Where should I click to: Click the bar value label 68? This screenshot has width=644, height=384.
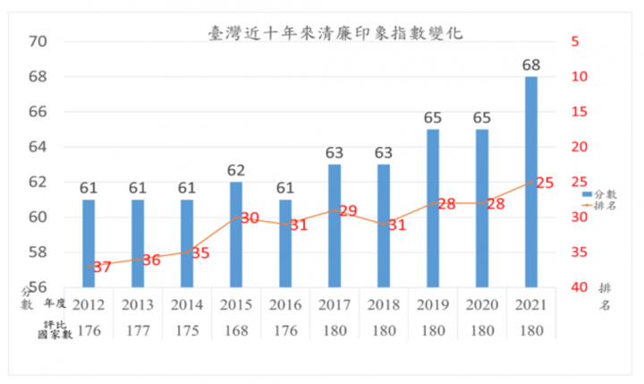click(530, 64)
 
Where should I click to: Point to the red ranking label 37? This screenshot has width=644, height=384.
click(100, 267)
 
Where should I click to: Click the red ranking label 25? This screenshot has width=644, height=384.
click(543, 183)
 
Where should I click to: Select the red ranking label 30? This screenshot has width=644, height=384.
click(249, 218)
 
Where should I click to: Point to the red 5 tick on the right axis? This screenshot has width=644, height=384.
click(573, 42)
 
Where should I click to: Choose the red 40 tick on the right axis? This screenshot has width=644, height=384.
click(573, 287)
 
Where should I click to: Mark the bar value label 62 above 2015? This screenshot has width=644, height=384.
click(235, 169)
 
